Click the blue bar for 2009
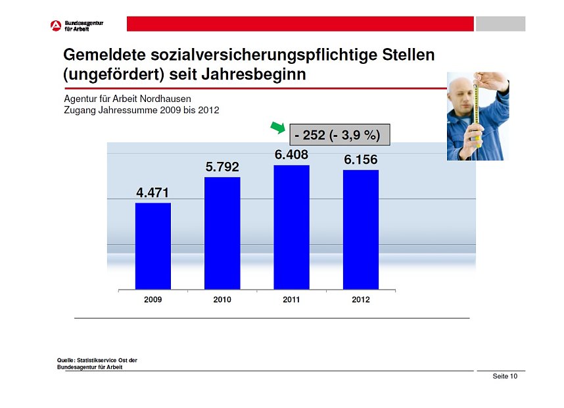[x=153, y=245]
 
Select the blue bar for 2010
[x=222, y=233]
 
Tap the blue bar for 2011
[x=291, y=227]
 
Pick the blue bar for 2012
[x=360, y=229]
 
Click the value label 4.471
[x=153, y=193]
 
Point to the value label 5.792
[x=222, y=167]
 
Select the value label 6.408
[x=291, y=155]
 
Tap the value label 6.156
[x=360, y=160]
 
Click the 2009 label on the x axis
[x=153, y=299]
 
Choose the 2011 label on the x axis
[x=291, y=299]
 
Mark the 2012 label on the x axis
[x=360, y=299]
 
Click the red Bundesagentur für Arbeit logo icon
[x=55, y=26]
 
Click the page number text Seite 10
[x=505, y=376]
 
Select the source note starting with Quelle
[x=97, y=363]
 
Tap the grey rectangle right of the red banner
[x=500, y=24]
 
